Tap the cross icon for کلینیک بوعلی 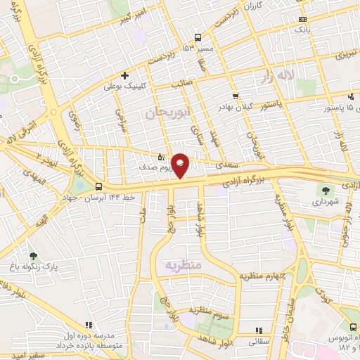(x=124, y=75)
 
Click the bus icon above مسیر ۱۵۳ (x=198, y=37)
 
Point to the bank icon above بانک (x=302, y=19)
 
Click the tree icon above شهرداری (x=325, y=189)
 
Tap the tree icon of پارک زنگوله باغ (x=34, y=255)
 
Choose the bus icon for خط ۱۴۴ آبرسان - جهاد (x=98, y=186)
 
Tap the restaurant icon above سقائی (x=258, y=330)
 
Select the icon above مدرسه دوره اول (x=88, y=325)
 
